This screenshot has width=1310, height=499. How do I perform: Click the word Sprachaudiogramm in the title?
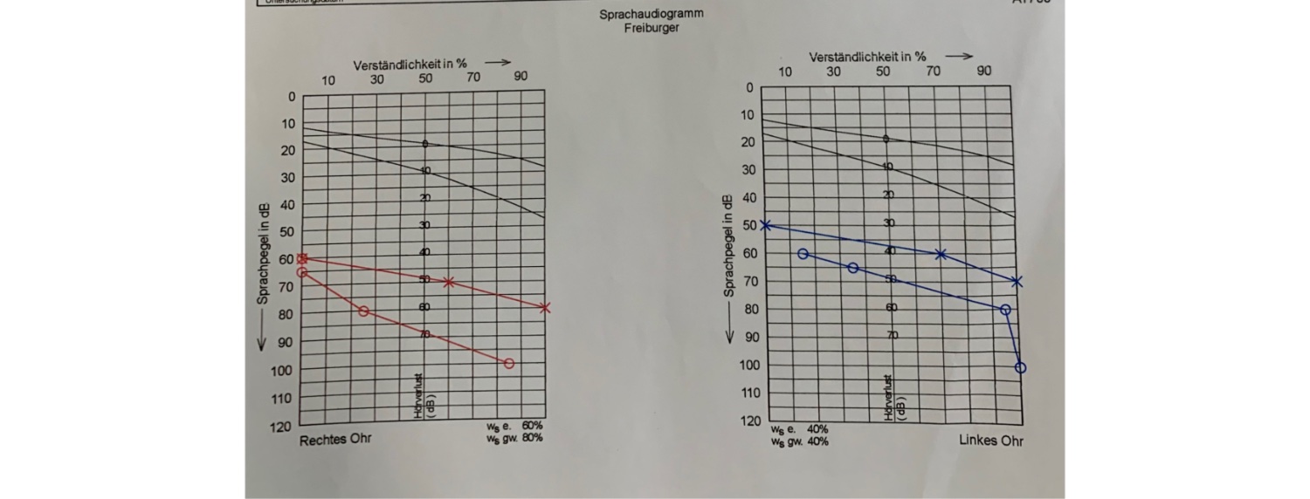click(651, 14)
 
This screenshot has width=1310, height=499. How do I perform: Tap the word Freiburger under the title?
click(652, 28)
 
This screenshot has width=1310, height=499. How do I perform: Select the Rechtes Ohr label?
click(335, 439)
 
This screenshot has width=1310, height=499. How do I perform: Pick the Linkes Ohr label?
click(990, 441)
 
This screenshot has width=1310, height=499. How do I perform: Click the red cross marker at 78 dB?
click(545, 307)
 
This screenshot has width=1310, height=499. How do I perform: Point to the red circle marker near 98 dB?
click(509, 363)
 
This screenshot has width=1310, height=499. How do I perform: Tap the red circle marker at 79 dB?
click(363, 311)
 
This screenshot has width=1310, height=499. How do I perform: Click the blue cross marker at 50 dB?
click(766, 225)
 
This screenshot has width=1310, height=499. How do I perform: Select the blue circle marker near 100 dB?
click(1020, 367)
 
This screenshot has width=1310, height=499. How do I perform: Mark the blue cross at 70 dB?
click(1016, 282)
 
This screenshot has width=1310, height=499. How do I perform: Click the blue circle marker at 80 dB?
click(1005, 310)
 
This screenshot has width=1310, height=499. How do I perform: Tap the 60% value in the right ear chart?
click(532, 426)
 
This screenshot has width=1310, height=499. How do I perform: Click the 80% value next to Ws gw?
click(532, 437)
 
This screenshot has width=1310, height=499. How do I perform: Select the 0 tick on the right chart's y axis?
click(748, 88)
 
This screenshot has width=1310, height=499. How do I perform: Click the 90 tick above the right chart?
click(984, 72)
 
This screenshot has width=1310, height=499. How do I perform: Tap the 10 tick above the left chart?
click(328, 81)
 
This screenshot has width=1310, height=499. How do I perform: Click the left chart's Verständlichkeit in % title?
click(410, 65)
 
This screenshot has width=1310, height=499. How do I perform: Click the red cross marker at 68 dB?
click(448, 282)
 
